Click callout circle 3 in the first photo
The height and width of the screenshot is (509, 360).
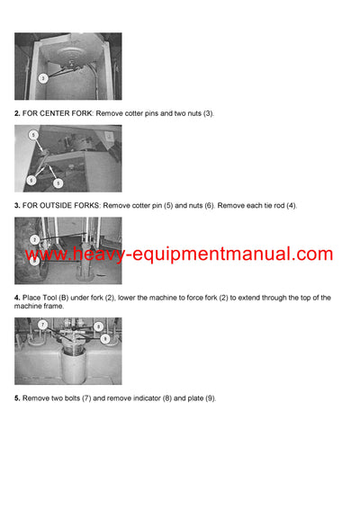(43, 78)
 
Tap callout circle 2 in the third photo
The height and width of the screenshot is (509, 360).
(34, 240)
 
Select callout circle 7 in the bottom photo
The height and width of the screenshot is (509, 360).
(41, 324)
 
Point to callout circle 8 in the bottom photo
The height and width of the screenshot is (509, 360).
(98, 326)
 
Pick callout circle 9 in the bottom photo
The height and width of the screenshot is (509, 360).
(105, 339)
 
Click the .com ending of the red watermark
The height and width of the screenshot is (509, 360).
(310, 254)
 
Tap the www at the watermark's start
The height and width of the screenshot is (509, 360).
(48, 254)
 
